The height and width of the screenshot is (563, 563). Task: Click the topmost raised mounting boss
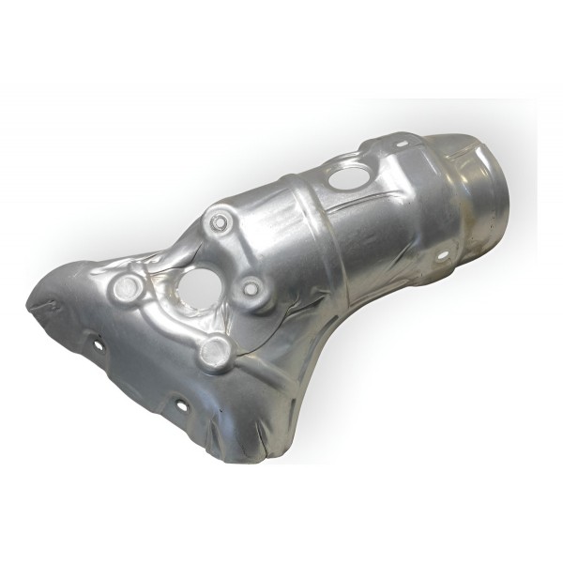[218, 222]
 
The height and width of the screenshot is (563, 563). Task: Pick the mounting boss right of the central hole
[249, 288]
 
